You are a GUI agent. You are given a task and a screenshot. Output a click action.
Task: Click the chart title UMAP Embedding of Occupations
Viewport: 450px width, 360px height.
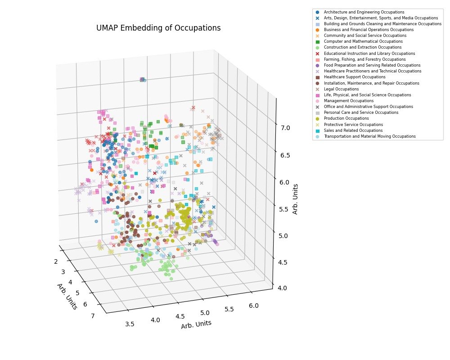[158, 28]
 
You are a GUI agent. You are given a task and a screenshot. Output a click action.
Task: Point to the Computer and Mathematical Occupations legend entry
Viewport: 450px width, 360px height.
[357, 41]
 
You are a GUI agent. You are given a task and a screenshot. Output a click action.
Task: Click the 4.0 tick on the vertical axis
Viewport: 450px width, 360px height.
[283, 288]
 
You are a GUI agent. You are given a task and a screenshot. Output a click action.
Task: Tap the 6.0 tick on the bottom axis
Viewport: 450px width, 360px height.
[253, 306]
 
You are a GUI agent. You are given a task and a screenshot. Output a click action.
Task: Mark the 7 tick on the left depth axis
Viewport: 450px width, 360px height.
[93, 316]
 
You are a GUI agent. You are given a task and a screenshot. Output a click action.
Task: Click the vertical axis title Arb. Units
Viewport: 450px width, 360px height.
[295, 198]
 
